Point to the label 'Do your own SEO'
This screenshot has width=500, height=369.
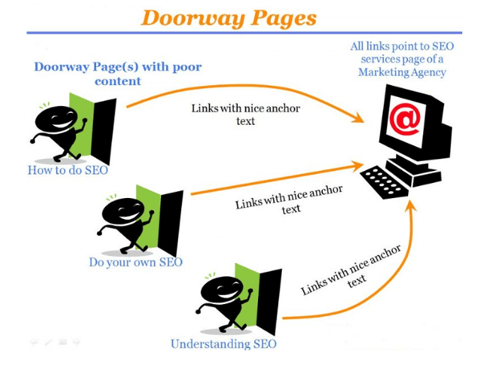pyautogui.click(x=135, y=262)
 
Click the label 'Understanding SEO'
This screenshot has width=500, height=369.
pyautogui.click(x=224, y=344)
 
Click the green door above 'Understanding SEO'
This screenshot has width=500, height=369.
pyautogui.click(x=248, y=298)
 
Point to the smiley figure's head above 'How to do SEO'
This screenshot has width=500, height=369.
pyautogui.click(x=56, y=120)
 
